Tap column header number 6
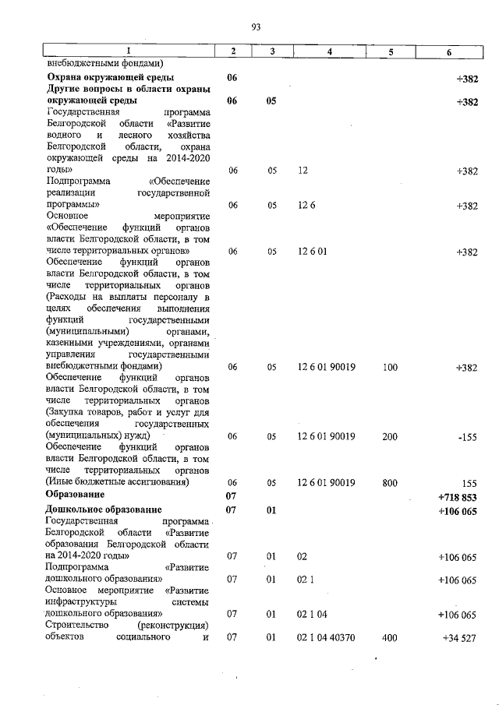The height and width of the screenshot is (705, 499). point(448,51)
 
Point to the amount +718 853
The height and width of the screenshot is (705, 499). point(458,496)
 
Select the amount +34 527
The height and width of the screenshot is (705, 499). point(460,638)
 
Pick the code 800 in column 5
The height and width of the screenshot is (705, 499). point(390,483)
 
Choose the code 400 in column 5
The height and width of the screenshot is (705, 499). point(390,638)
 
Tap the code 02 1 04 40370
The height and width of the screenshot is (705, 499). point(327,638)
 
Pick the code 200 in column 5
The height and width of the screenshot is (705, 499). point(390,437)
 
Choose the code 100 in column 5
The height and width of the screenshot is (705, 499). point(390,366)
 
